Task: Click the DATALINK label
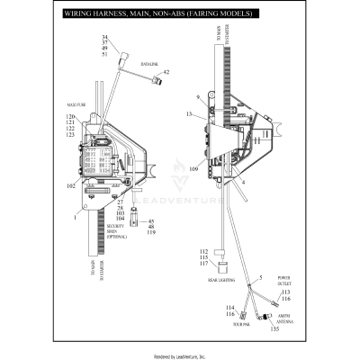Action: point(149,64)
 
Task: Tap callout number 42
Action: point(166,72)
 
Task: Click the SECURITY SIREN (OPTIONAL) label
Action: point(114,231)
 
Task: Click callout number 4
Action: point(243,183)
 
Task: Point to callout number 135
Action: point(274,330)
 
